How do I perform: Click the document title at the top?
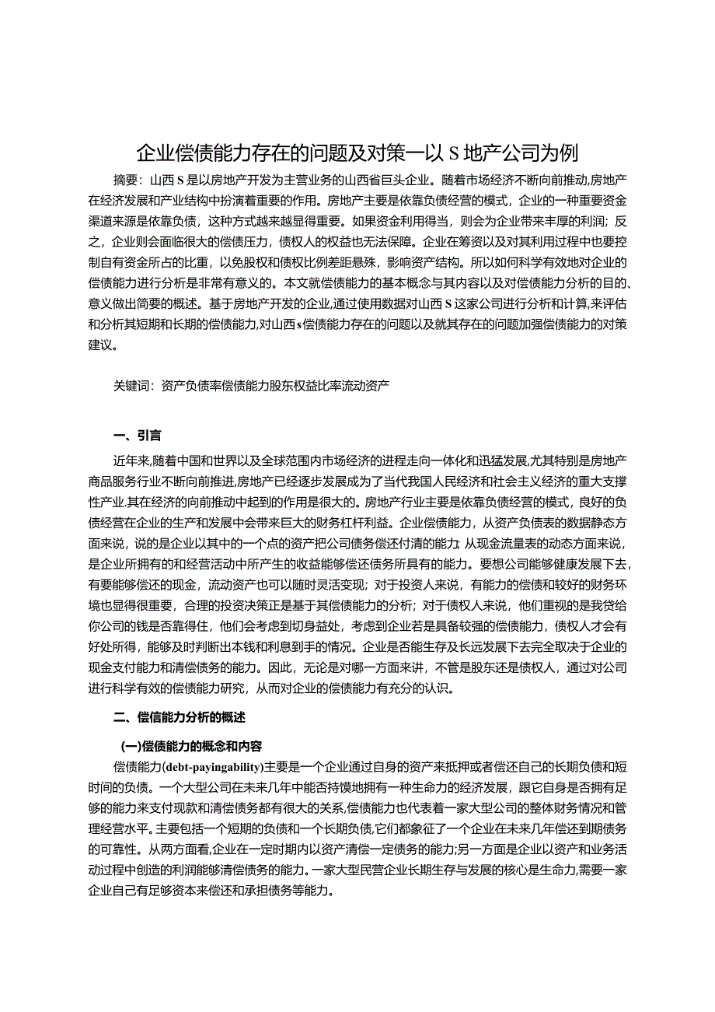click(x=357, y=152)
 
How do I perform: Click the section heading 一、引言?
click(x=137, y=435)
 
